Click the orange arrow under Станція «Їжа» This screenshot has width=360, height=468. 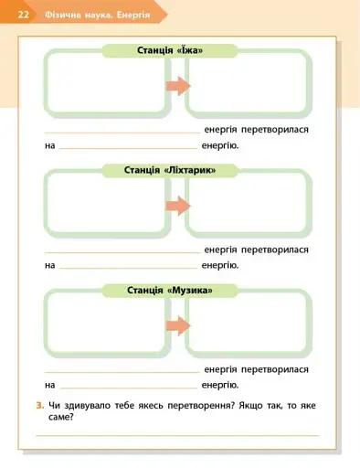coord(177,85)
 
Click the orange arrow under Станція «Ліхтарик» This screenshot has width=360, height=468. coord(177,206)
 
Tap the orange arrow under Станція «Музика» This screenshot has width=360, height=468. coord(177,326)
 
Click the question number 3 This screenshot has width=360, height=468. coord(38,405)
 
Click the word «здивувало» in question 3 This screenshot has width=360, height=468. coord(86,405)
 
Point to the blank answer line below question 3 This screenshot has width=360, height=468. coord(178,436)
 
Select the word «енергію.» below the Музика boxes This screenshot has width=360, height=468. coord(220,386)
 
